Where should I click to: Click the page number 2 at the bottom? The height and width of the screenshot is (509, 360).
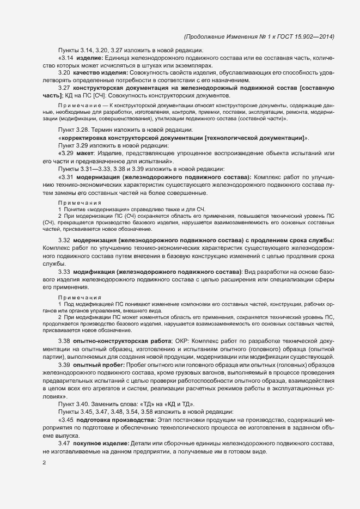44,463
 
